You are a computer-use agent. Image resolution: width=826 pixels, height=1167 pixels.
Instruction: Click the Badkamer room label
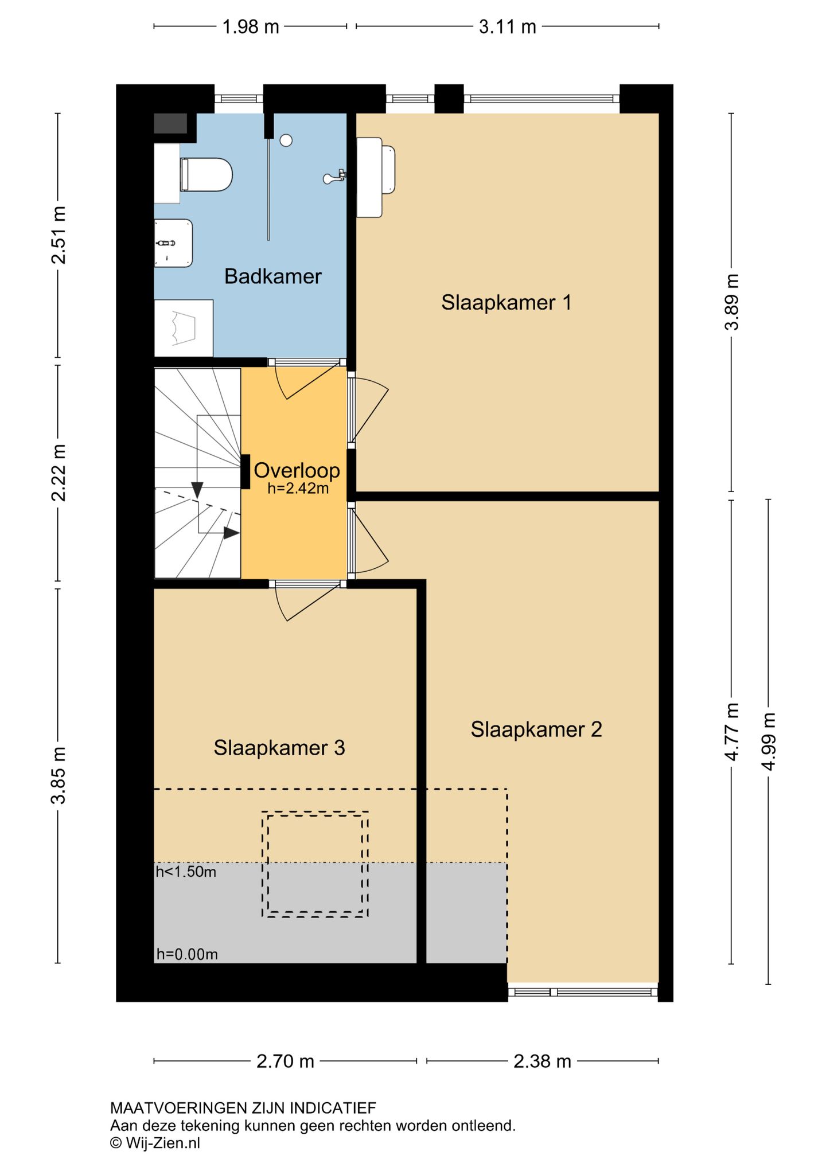pos(272,276)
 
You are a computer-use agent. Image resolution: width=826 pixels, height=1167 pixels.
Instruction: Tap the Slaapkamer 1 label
pos(506,303)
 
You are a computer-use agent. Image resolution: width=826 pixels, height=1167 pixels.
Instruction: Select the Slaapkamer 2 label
pos(536,729)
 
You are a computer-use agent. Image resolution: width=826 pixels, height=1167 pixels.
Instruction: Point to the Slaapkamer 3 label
pos(279,748)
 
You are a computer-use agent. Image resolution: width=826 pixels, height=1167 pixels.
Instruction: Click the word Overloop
pos(297,470)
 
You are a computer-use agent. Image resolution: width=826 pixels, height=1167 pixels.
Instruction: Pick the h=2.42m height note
pos(298,489)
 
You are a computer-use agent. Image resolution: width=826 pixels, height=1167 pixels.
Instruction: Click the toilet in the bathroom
pos(206,174)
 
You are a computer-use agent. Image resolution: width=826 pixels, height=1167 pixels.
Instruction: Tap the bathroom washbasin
pos(173,243)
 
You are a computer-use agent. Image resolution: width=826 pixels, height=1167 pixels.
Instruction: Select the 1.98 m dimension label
pos(251,27)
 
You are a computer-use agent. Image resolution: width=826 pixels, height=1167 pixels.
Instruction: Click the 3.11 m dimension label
pos(508,27)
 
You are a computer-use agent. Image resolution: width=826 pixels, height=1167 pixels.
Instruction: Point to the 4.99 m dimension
pos(769,741)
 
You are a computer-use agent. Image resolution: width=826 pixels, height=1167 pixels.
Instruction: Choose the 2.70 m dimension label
pos(285,1061)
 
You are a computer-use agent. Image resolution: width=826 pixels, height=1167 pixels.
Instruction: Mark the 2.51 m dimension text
pos(59,235)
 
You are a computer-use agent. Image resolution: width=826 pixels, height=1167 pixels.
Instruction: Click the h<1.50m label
pos(186,872)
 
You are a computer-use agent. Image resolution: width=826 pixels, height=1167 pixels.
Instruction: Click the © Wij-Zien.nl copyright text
pos(155,1143)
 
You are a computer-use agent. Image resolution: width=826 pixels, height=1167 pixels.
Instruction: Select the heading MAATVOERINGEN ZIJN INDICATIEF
pos(243,1108)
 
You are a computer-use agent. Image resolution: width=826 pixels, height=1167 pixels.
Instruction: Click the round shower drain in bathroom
pos(286,140)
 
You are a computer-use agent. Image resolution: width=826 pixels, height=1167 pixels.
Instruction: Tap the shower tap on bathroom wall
pos(334,177)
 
